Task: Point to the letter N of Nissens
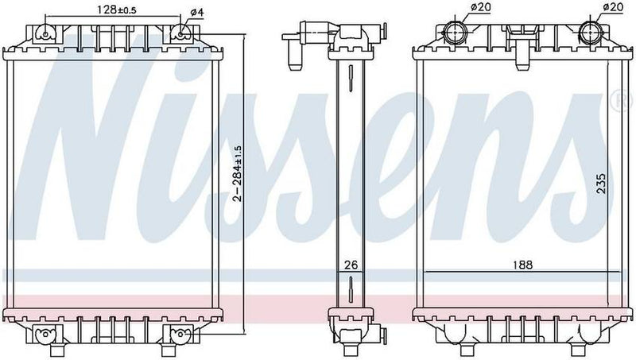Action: pyautogui.click(x=95, y=143)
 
